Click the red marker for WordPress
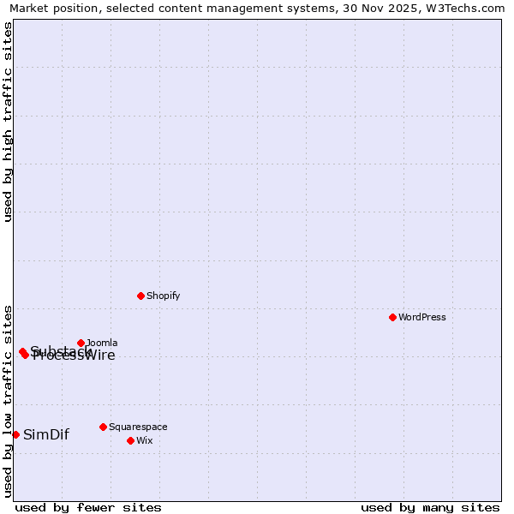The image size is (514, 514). pyautogui.click(x=392, y=317)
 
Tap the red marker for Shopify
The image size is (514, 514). pyautogui.click(x=140, y=296)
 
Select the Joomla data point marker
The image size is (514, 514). pyautogui.click(x=81, y=343)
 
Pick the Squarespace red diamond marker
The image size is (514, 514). pyautogui.click(x=103, y=427)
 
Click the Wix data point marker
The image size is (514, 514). pyautogui.click(x=130, y=440)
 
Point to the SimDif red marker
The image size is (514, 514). pyautogui.click(x=15, y=434)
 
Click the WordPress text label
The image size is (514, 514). pyautogui.click(x=422, y=317)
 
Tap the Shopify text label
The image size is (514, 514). pyautogui.click(x=163, y=296)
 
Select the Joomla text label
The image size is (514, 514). pyautogui.click(x=102, y=343)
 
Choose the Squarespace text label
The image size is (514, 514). pyautogui.click(x=138, y=427)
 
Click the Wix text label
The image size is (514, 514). pyautogui.click(x=145, y=440)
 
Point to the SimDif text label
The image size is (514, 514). pyautogui.click(x=46, y=434)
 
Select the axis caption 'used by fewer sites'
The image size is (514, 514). pyautogui.click(x=88, y=507)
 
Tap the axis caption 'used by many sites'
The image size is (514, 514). pyautogui.click(x=430, y=507)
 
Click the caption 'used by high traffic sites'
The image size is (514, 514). pyautogui.click(x=8, y=123)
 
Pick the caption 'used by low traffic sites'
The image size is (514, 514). pyautogui.click(x=8, y=401)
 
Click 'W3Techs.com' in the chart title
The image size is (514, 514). pyautogui.click(x=459, y=9)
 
